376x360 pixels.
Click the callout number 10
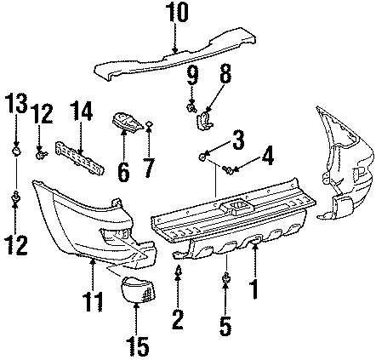pos(177,12)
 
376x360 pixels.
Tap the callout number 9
pos(192,75)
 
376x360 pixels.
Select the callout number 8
pos(225,74)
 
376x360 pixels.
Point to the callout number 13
pos(16,104)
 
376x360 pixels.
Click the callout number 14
pos(81,111)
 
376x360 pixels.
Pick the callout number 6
pos(123,171)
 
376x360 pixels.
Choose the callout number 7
pos(149,168)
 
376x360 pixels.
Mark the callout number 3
pos(238,140)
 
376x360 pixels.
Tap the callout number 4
pos(267,156)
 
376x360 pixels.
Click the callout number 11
pos(93,302)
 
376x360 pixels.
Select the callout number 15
pos(138,346)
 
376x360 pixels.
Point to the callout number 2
pos(178,319)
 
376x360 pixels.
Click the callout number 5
pos(225,326)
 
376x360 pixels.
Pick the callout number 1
pos(254,289)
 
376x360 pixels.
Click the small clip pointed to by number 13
pos(16,151)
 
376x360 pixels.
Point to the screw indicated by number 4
pos(227,169)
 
